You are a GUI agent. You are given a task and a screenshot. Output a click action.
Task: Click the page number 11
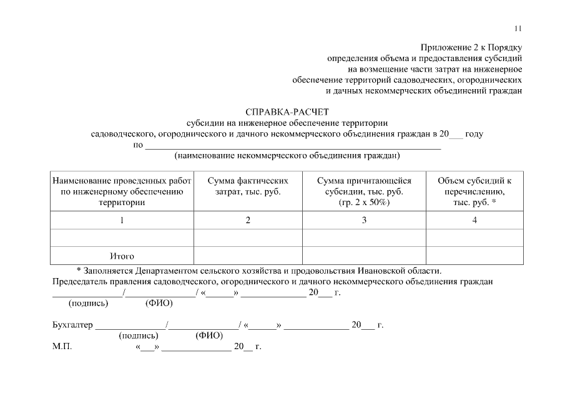click(518, 29)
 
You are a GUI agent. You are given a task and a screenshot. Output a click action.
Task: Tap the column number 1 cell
click(122, 220)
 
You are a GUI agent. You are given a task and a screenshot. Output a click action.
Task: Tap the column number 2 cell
click(248, 220)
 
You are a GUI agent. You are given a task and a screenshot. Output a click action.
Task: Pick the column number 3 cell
click(364, 220)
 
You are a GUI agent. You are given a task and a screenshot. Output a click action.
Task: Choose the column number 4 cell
click(474, 220)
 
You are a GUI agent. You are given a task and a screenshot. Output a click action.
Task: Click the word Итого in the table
click(122, 256)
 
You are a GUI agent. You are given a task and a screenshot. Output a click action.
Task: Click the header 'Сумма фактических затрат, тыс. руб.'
click(248, 186)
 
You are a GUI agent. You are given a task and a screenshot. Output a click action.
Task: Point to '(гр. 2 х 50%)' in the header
click(364, 203)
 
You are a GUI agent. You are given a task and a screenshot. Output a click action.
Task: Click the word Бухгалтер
click(72, 325)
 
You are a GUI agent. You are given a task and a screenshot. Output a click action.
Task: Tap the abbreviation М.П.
click(62, 347)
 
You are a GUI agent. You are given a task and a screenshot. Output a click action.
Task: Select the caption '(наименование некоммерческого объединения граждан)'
click(287, 155)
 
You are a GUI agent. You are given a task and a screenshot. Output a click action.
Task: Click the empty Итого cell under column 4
click(474, 256)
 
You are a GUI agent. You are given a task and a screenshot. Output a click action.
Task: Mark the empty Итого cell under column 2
click(248, 256)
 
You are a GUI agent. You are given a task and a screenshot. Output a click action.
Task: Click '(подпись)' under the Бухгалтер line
click(138, 335)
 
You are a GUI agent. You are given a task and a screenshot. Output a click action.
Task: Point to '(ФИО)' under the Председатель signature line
click(159, 304)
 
